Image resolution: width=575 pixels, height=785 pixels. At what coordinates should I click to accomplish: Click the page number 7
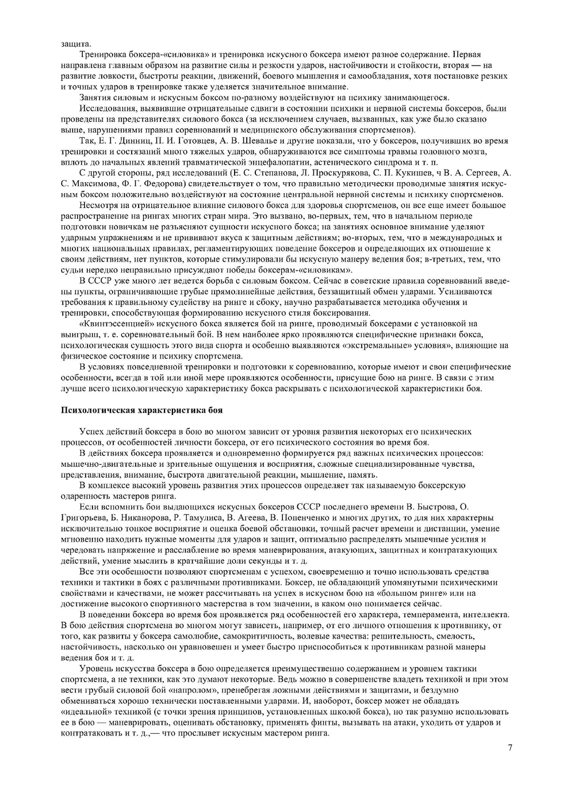509,747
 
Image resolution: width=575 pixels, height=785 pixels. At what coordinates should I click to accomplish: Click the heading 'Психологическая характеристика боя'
141,410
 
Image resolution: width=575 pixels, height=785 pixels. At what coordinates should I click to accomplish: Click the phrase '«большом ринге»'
419,592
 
